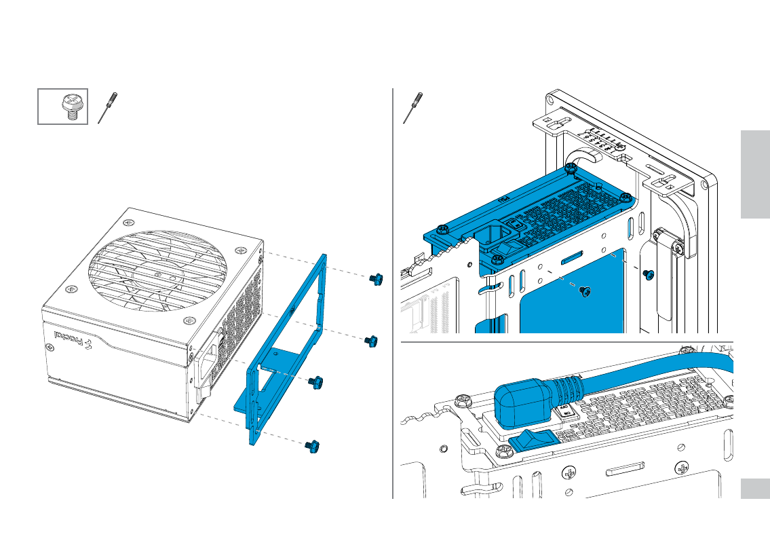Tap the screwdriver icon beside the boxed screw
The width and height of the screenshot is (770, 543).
coord(106,107)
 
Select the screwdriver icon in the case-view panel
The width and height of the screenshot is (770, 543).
coord(410,107)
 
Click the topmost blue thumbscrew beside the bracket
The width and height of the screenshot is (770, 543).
coord(374,279)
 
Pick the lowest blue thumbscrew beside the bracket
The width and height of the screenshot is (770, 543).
coord(313,446)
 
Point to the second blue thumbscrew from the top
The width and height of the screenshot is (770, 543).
coord(370,341)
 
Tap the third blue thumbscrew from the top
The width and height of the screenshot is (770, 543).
coord(315,382)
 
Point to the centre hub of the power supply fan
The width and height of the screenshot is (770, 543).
coord(157,274)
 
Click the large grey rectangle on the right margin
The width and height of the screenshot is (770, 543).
coord(755,174)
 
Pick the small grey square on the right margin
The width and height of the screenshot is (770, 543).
coord(755,489)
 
